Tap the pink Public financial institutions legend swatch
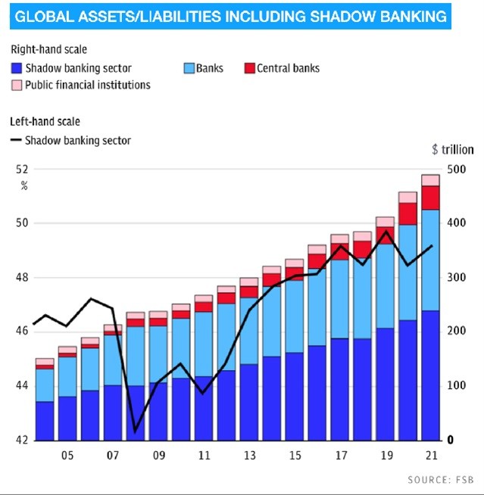16,85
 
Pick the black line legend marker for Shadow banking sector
16,140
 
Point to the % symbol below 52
24,185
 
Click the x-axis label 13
249,457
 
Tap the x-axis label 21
431,457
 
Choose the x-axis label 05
67,457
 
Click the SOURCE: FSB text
440,480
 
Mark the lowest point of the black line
136,431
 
